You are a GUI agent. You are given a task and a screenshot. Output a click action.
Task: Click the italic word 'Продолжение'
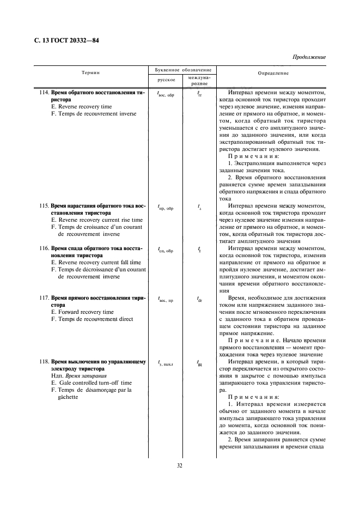[309, 57]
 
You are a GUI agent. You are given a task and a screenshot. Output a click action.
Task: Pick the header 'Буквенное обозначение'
[180, 70]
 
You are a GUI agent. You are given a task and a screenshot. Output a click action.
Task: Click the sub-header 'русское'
[166, 80]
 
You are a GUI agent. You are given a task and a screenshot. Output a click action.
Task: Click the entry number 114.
[45, 93]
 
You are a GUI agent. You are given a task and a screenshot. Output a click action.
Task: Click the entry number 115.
[45, 206]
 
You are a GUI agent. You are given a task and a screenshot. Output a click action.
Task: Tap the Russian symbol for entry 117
[165, 299]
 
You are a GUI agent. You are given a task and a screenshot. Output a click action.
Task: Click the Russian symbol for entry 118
[165, 362]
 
